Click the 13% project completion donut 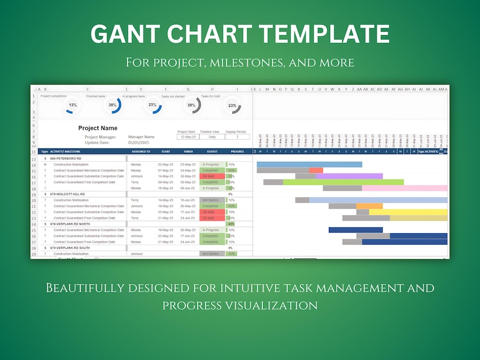[73, 105]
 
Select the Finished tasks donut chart [112, 105]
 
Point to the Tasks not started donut [192, 105]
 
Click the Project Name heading [97, 128]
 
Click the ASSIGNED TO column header [141, 152]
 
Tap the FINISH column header [188, 152]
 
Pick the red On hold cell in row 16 [211, 176]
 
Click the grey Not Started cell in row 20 [211, 200]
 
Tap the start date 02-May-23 [166, 164]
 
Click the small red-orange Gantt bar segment [316, 170]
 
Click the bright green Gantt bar [343, 182]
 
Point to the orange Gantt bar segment [369, 206]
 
